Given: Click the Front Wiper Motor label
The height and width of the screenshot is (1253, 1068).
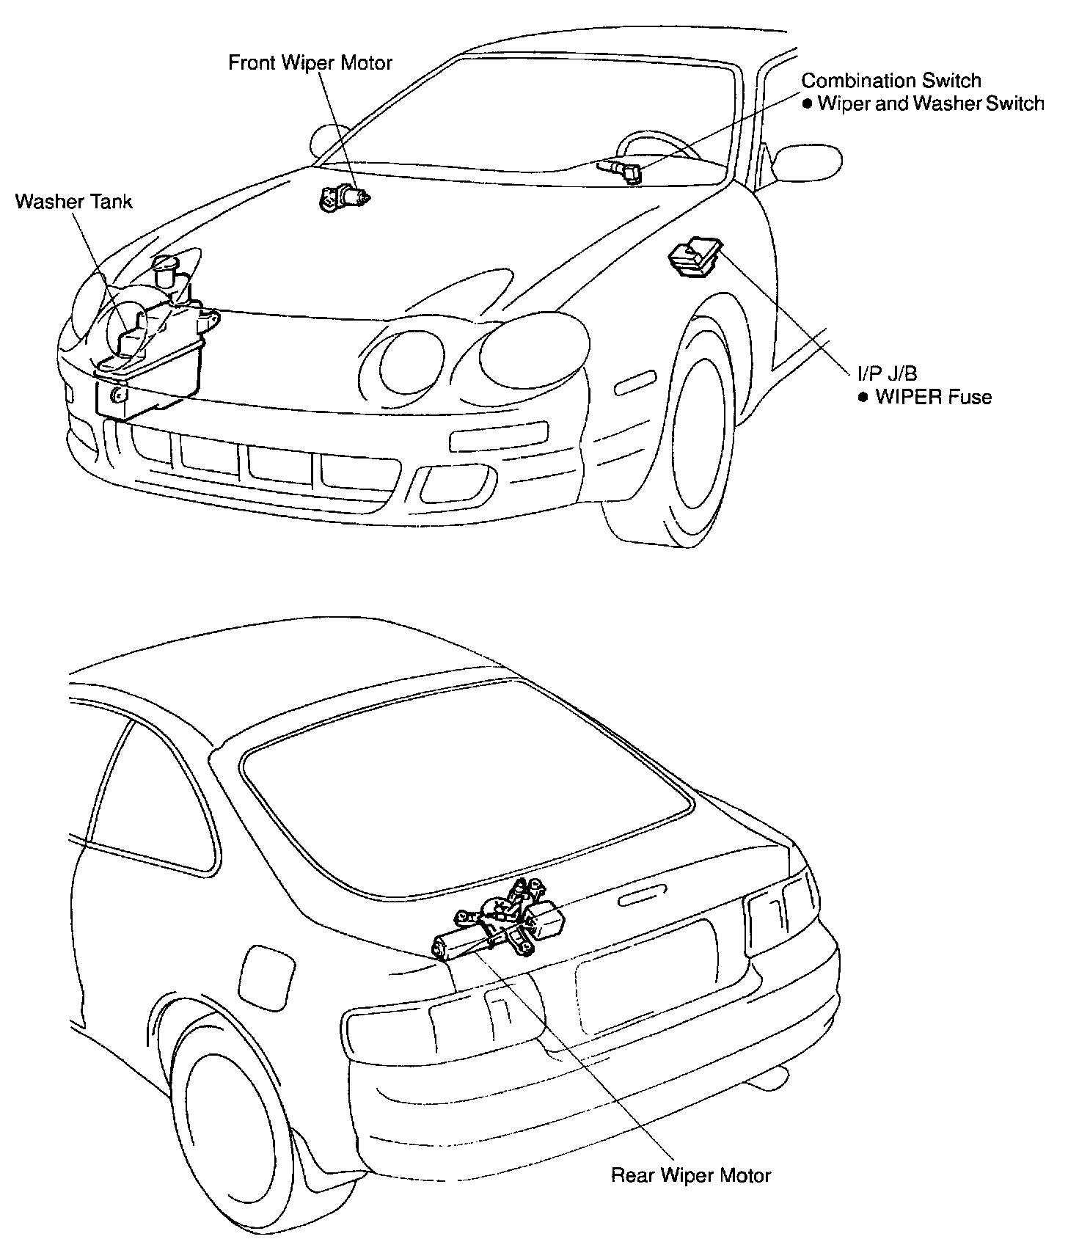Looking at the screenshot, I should pos(310,62).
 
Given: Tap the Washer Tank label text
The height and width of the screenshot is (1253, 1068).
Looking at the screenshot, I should pos(73,201).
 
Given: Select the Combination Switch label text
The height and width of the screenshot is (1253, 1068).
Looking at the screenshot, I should pos(890,80).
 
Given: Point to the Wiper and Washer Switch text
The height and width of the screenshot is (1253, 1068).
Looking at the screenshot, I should pos(930,103).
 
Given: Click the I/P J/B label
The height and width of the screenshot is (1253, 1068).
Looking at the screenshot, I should pos(887,375).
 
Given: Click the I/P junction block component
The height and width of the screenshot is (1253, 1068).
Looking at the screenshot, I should pos(694,256).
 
